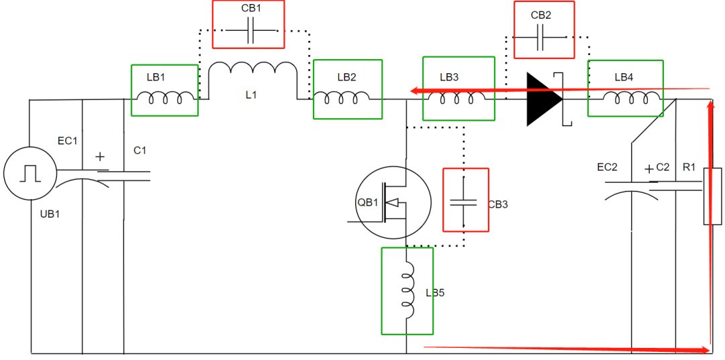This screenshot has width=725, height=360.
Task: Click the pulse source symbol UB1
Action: [30, 173]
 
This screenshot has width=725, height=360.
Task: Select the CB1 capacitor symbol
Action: [250, 31]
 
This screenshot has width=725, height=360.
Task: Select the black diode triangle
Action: [544, 99]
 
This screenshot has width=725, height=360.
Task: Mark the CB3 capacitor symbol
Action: [464, 201]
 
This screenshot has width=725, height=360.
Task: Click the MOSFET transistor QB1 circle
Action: [393, 202]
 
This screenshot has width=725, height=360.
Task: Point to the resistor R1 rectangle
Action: [712, 197]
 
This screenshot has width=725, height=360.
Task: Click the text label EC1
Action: [68, 141]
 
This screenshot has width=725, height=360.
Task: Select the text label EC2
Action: [607, 167]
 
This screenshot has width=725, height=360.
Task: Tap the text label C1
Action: [140, 150]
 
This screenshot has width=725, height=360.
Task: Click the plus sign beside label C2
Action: [649, 169]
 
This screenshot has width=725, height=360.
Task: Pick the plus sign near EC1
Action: [100, 157]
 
